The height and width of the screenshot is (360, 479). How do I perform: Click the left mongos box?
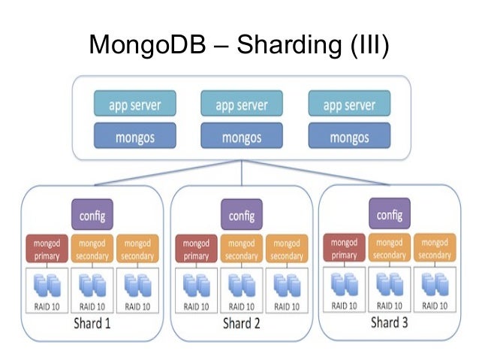(x=134, y=137)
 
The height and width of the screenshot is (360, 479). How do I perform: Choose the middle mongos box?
(x=242, y=137)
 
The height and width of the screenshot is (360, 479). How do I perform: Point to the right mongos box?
(x=349, y=137)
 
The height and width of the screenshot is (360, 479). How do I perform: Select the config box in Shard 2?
(x=242, y=216)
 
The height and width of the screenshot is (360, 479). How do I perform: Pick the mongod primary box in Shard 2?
(x=196, y=250)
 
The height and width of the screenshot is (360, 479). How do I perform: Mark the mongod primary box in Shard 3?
(x=344, y=249)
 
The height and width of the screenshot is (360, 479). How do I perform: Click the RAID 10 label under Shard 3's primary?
(x=344, y=306)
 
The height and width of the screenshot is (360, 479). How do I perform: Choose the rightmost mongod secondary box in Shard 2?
(x=287, y=250)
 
